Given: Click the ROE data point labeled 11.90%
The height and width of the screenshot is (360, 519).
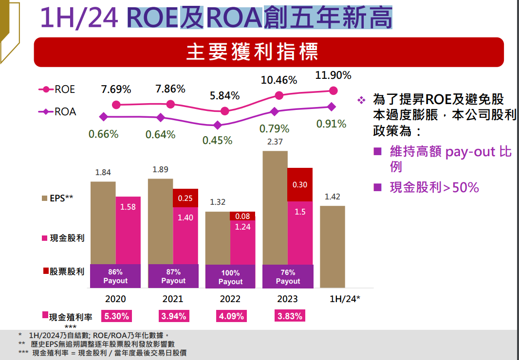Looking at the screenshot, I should (334, 90).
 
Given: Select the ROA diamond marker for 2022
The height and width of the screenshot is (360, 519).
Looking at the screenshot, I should (218, 125).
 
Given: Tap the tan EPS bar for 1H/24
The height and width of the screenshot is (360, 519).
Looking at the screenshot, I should (333, 246).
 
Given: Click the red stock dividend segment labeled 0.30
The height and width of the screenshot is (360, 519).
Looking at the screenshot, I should (300, 184).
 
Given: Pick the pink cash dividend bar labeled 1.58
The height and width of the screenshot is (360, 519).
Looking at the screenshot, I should (128, 230).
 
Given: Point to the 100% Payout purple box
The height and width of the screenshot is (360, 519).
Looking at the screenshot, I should (230, 277).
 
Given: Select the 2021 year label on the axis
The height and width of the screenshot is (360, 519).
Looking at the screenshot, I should (173, 299).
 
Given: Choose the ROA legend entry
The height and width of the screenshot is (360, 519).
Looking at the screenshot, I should (57, 112).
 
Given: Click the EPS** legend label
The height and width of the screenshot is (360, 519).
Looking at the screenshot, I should (57, 198).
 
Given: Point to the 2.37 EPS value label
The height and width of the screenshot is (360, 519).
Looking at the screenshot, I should (275, 142).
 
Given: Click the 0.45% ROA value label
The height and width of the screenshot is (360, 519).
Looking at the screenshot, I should (217, 140).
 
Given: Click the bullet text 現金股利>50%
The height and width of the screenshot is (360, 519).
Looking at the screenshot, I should (434, 187).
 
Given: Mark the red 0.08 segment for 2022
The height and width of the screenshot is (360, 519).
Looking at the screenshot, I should (243, 216).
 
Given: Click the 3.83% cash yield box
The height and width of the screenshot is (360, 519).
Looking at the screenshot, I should (290, 316).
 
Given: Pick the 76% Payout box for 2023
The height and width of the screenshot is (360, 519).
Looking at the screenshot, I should (288, 277).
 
